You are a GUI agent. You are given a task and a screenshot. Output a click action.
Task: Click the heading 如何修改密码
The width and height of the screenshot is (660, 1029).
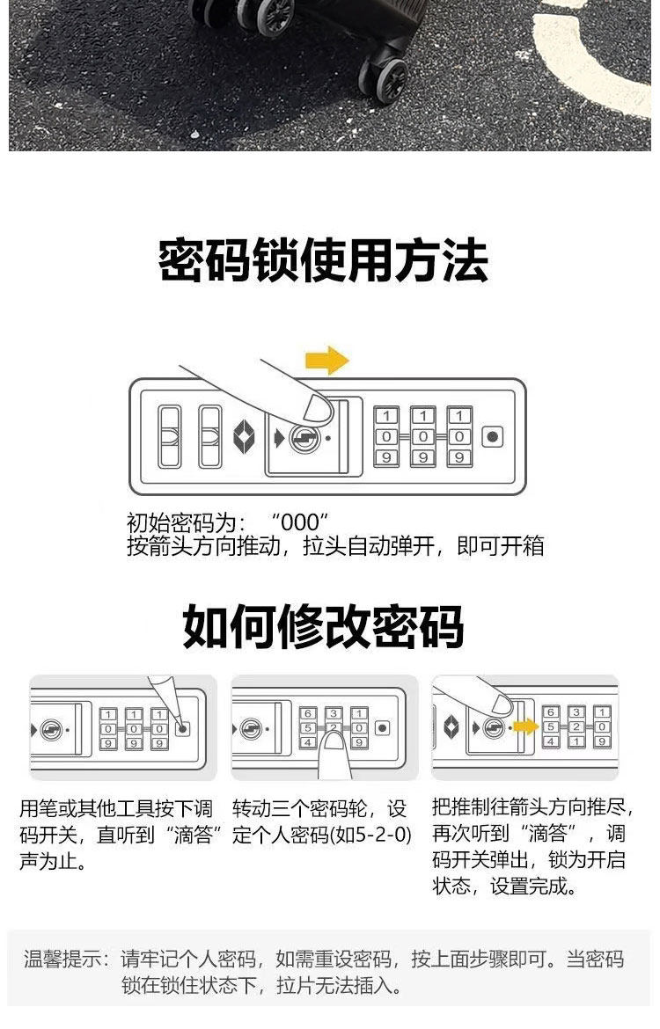point(323,626)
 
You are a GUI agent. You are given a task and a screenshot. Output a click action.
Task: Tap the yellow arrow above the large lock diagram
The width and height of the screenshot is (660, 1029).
point(326,360)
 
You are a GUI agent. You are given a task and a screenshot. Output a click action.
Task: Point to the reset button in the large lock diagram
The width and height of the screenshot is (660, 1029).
point(493,437)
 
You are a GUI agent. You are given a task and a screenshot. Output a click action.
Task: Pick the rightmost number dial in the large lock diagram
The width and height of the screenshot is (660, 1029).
point(459,436)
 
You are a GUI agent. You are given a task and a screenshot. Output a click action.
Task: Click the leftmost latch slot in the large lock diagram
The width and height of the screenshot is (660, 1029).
point(169,436)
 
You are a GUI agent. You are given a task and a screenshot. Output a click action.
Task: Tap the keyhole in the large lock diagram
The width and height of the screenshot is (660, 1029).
point(304,437)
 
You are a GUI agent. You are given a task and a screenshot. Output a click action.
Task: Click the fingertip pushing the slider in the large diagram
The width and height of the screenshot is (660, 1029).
point(314,406)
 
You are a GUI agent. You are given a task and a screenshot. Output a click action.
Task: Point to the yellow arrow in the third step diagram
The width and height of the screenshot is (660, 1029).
point(526,726)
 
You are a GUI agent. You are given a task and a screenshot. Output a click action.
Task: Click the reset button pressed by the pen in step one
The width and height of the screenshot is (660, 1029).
point(182,728)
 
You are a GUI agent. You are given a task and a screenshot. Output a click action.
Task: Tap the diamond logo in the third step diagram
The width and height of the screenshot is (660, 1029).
point(451,726)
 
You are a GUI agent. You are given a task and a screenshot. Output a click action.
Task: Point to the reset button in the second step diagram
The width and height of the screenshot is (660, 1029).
point(382,728)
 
